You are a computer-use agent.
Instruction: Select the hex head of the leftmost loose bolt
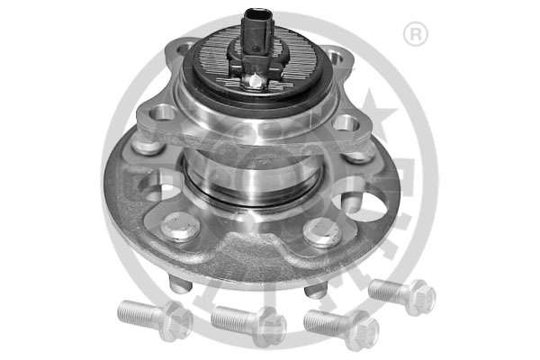[175, 316]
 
